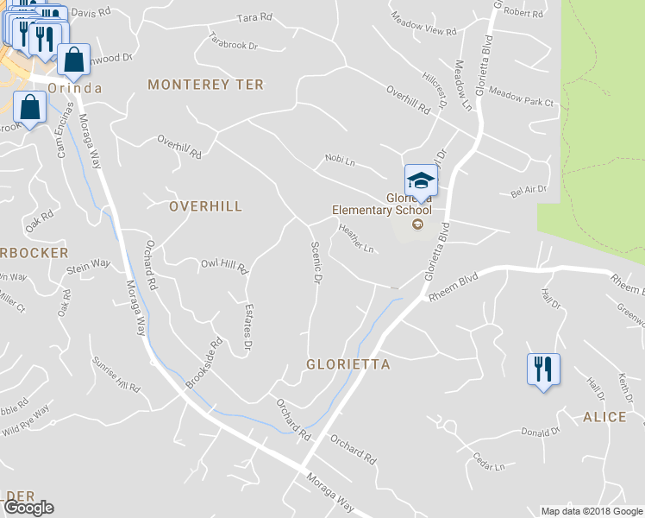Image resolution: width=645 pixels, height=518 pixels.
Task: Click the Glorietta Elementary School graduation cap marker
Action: click(421, 181)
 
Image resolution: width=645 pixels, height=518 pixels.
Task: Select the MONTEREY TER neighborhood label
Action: click(205, 85)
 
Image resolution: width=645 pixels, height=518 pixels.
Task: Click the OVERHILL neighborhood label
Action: click(205, 206)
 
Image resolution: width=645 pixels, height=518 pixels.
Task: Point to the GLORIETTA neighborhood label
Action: click(348, 365)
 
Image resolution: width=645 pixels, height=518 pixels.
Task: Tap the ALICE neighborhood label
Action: click(604, 417)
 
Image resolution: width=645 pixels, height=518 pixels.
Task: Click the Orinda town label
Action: click(75, 89)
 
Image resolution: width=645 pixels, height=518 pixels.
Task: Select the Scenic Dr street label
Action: click(316, 263)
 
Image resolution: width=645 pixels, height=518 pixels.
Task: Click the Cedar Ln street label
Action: click(488, 463)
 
